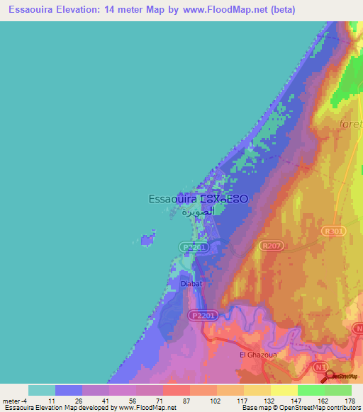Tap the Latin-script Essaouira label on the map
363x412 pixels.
(x=173, y=199)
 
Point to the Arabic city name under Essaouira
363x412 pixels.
(x=198, y=211)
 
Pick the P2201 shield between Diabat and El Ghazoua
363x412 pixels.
(x=203, y=314)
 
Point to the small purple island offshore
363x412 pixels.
(x=148, y=240)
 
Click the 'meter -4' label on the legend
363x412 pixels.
(x=14, y=401)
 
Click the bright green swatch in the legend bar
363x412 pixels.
(x=311, y=390)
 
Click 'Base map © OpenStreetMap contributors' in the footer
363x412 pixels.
(x=300, y=408)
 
